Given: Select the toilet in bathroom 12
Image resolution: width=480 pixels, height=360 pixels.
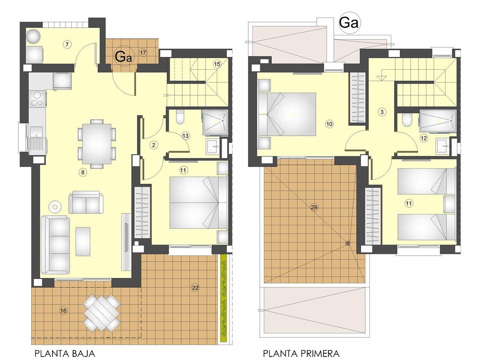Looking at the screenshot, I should pyautogui.click(x=406, y=120).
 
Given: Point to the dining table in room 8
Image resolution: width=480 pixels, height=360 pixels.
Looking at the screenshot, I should pyautogui.click(x=96, y=143).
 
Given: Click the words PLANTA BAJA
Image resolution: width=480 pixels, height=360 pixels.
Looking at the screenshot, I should pyautogui.click(x=64, y=353).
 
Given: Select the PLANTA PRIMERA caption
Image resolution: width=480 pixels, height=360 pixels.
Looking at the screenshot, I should pyautogui.click(x=301, y=353).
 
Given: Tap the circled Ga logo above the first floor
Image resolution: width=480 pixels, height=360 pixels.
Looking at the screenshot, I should pyautogui.click(x=349, y=23).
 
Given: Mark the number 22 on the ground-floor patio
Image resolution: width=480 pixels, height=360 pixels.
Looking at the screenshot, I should pyautogui.click(x=195, y=288).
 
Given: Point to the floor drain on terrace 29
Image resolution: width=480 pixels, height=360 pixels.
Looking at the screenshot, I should pyautogui.click(x=347, y=243).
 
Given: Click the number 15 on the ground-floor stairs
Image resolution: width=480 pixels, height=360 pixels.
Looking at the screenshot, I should pyautogui.click(x=217, y=64).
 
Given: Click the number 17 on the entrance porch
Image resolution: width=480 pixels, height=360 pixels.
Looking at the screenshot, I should pyautogui.click(x=142, y=52).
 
